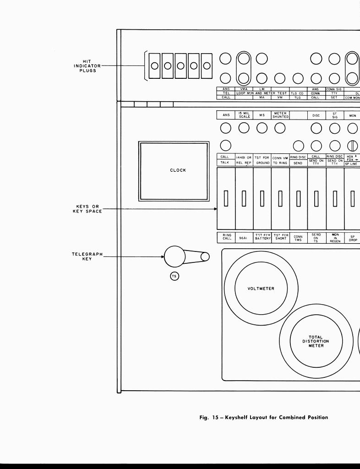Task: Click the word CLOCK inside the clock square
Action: coord(178,170)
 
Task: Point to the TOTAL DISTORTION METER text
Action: coord(316,341)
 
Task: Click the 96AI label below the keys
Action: coord(244,238)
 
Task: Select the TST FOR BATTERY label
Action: coord(262,237)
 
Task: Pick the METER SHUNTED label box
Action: coord(280,115)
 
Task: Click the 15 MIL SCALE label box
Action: coord(244,115)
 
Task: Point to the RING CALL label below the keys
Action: coord(226,237)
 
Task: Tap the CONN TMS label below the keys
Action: coord(298,238)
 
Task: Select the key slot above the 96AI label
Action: coord(244,198)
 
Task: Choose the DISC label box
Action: coord(316,115)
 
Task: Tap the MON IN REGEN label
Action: coord(335,237)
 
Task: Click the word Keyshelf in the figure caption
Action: coord(240,417)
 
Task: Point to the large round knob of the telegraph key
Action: coord(175,256)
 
